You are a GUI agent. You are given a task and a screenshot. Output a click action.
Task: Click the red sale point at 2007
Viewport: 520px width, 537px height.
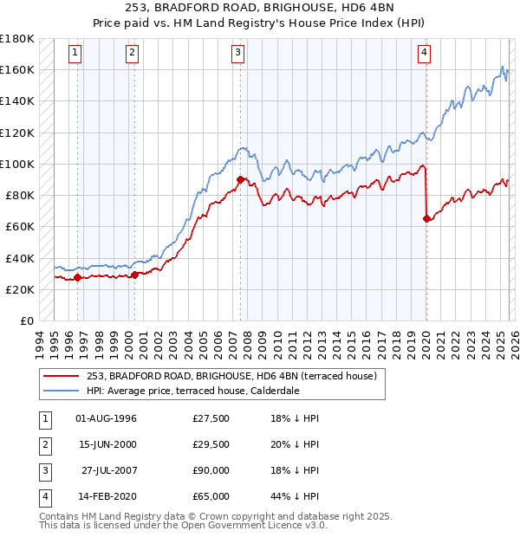240,180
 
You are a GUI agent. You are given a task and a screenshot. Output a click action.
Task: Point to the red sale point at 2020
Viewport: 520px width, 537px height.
426,219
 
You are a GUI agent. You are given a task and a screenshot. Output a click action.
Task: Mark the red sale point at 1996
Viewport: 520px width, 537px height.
77,278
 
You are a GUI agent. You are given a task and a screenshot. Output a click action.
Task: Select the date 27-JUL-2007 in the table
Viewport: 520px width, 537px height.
106,471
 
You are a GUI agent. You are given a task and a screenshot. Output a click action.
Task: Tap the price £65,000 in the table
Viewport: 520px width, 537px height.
211,497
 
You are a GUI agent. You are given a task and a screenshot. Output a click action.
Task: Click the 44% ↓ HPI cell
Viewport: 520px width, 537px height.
295,497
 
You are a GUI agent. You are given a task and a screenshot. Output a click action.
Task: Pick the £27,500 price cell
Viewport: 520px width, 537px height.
211,419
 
